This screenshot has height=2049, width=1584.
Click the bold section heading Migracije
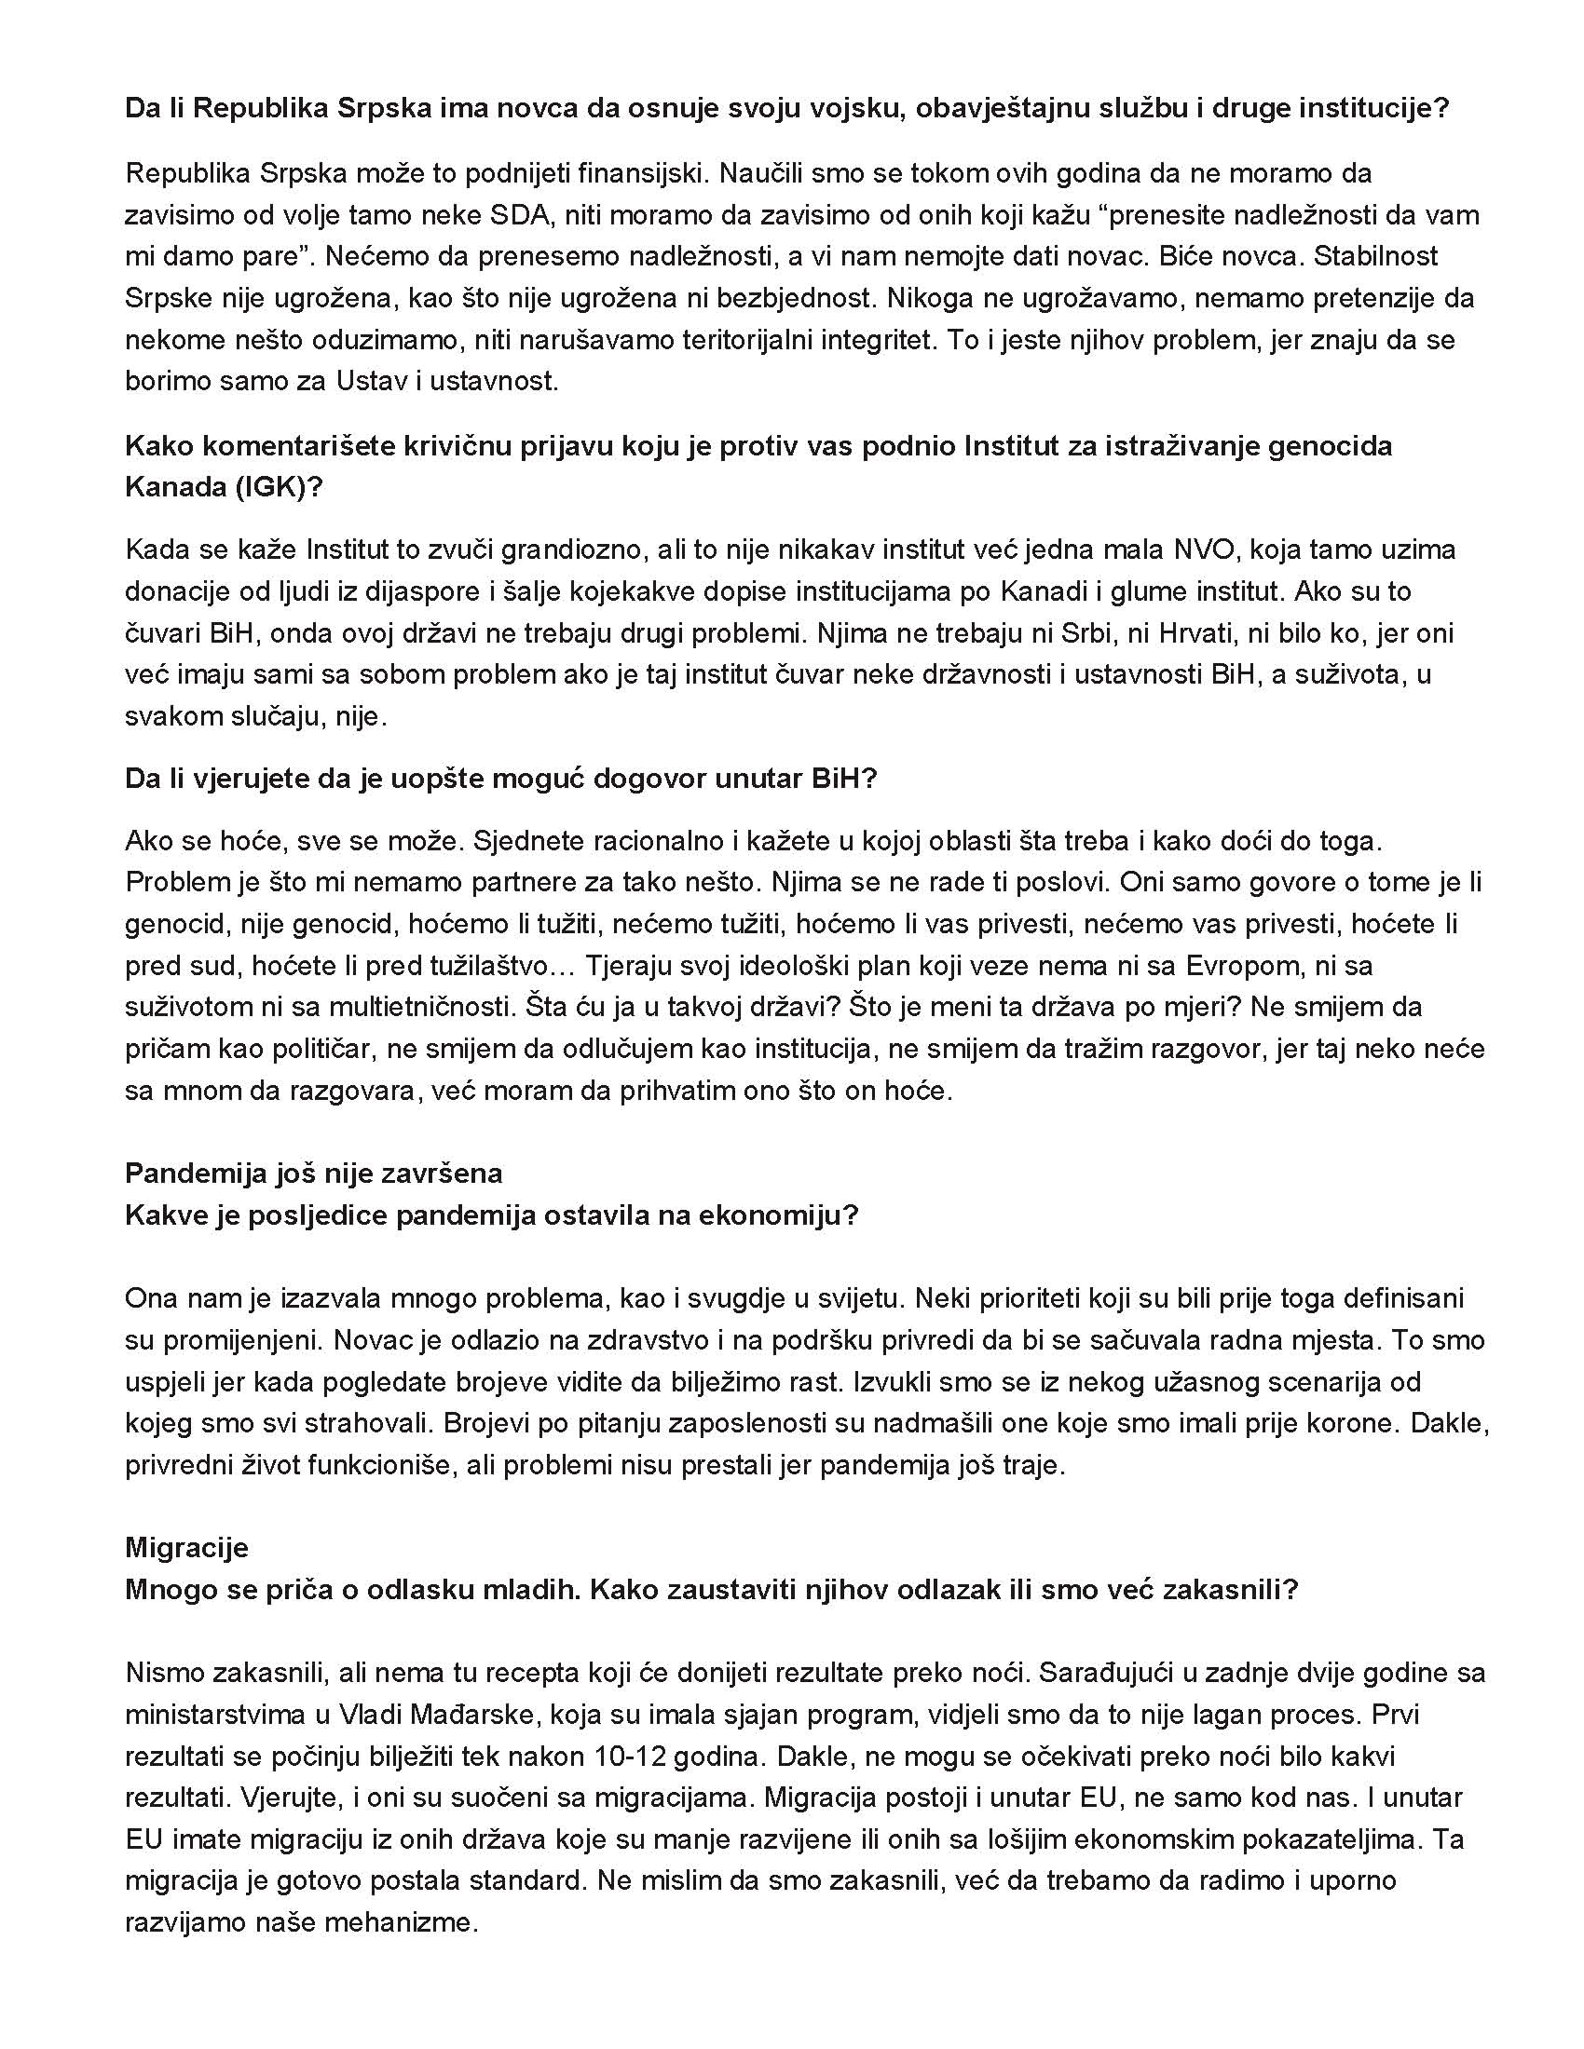click(x=186, y=1547)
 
